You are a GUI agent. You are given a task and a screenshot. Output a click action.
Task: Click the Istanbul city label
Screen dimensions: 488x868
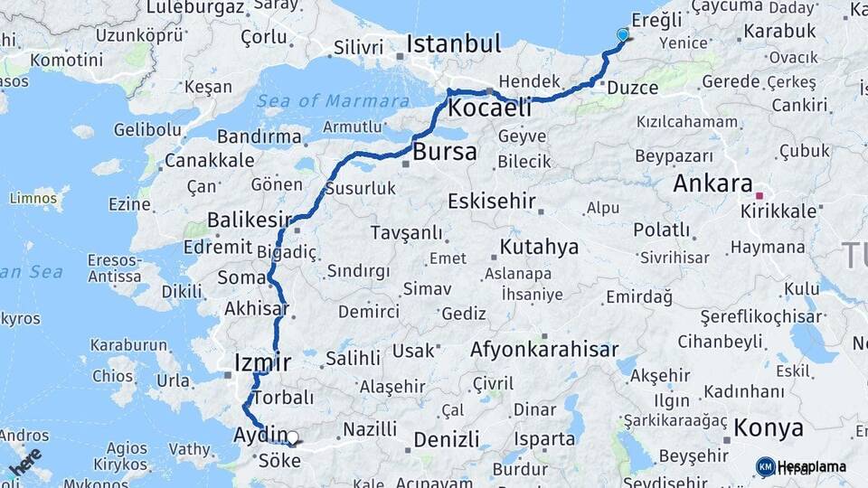tap(453, 43)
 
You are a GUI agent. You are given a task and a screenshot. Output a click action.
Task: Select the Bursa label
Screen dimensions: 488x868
tap(444, 152)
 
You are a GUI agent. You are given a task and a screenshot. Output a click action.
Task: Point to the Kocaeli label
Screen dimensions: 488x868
tap(489, 108)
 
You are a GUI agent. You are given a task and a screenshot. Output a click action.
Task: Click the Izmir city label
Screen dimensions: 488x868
tap(262, 363)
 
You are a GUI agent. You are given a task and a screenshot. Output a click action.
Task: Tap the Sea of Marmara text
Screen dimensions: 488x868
tap(333, 100)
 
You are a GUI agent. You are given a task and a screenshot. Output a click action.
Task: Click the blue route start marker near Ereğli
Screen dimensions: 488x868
tap(622, 35)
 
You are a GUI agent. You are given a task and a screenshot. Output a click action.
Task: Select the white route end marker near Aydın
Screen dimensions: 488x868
tap(292, 438)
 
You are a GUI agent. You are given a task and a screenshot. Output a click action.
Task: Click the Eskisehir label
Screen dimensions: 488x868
tap(492, 201)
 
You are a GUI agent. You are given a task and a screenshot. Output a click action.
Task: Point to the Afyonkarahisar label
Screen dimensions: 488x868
tap(544, 350)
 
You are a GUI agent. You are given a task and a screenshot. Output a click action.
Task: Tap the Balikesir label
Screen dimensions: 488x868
tap(250, 220)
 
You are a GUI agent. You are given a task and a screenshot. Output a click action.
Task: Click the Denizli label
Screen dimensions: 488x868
tap(447, 440)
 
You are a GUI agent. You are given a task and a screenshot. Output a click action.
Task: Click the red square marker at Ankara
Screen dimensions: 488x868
tap(759, 194)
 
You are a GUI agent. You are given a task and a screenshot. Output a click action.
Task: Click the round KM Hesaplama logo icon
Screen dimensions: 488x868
tap(766, 466)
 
